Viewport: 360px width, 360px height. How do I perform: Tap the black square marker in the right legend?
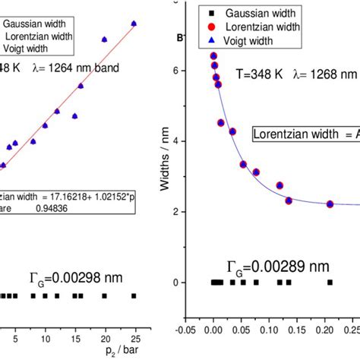point(215,14)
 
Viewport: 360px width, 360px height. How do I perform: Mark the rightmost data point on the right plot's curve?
point(330,204)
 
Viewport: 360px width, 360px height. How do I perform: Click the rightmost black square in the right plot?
point(330,282)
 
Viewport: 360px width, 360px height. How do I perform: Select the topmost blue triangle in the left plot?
point(134,24)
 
